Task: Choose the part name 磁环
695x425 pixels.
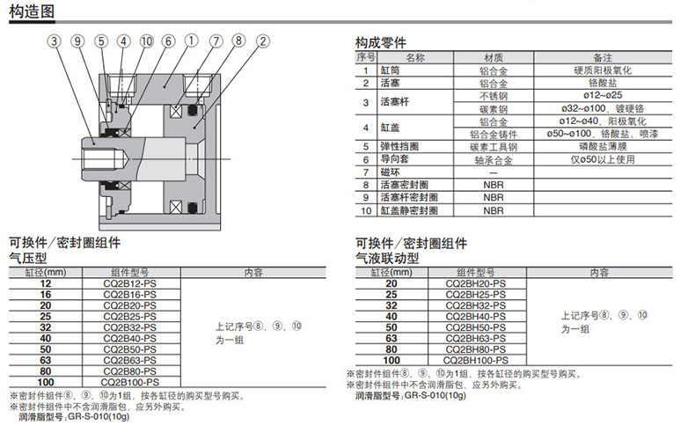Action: [x=390, y=172]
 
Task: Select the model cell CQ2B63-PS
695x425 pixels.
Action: [x=132, y=359]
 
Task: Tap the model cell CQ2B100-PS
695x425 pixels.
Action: [x=132, y=382]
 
